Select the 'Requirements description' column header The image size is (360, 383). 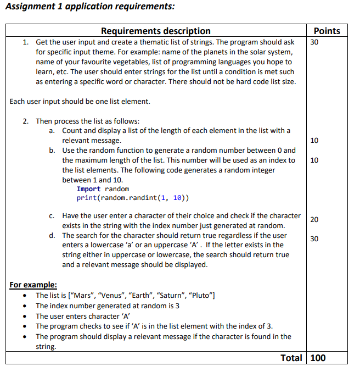[x=155, y=31]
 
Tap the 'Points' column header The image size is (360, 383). [x=327, y=31]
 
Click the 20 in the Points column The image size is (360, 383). [x=314, y=220]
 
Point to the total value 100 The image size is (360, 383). [x=318, y=358]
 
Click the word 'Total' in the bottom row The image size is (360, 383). [x=291, y=358]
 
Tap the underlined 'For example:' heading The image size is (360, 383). [x=33, y=285]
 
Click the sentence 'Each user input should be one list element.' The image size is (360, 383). [x=80, y=101]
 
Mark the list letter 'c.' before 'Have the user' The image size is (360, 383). [x=52, y=216]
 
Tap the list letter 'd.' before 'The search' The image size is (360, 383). [x=52, y=236]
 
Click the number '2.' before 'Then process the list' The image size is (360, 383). [x=26, y=121]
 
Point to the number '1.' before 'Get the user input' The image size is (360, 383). [x=26, y=42]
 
